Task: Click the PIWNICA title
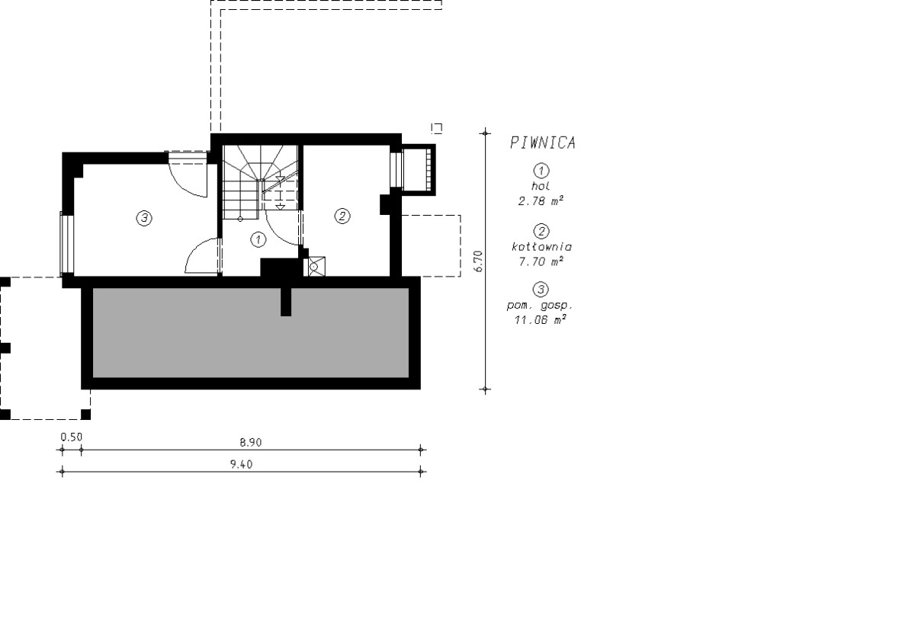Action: pyautogui.click(x=543, y=143)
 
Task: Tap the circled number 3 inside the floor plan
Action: pyautogui.click(x=144, y=219)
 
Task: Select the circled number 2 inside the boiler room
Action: pyautogui.click(x=342, y=216)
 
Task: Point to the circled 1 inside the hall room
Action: pyautogui.click(x=258, y=239)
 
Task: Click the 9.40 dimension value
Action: pyautogui.click(x=242, y=464)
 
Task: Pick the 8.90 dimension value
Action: pyautogui.click(x=250, y=443)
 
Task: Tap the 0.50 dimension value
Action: pyautogui.click(x=72, y=437)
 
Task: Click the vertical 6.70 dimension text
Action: pyautogui.click(x=478, y=261)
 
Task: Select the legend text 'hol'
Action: pyautogui.click(x=541, y=186)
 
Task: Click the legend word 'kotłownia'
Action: pyautogui.click(x=541, y=246)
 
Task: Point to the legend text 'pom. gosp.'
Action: pyautogui.click(x=540, y=306)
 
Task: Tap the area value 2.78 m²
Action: pyautogui.click(x=541, y=201)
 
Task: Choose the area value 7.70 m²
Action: pyautogui.click(x=541, y=261)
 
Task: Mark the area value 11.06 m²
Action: pyautogui.click(x=541, y=319)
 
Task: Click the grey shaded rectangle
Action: pyautogui.click(x=251, y=332)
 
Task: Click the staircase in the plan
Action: pyautogui.click(x=260, y=182)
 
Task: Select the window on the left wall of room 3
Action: pyautogui.click(x=67, y=244)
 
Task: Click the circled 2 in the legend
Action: pyautogui.click(x=541, y=231)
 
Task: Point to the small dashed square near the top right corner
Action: pyautogui.click(x=437, y=128)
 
